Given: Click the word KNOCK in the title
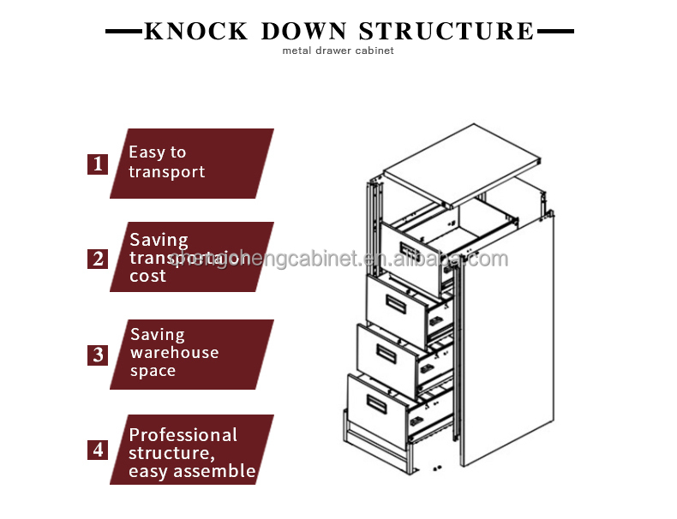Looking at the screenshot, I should [195, 32].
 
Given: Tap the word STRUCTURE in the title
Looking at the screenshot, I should [446, 32].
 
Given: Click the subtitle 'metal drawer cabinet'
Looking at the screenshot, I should [338, 51].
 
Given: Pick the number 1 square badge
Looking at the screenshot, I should [98, 164].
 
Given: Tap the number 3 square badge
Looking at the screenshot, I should [98, 355].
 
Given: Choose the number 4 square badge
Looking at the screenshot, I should [98, 450].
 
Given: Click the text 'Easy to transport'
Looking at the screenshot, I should [166, 162].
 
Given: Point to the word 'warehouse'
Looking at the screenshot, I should [174, 353].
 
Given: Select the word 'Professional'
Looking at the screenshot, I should [183, 435].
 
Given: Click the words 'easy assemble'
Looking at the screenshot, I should [192, 471].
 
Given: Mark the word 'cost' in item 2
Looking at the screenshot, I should [147, 277].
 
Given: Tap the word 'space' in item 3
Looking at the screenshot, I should [153, 371].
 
